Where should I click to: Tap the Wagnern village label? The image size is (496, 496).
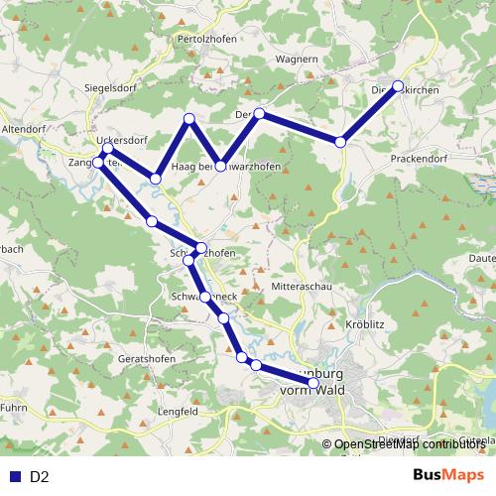click(297, 60)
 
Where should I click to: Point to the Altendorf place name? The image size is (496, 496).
click(24, 129)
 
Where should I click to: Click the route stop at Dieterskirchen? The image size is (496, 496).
click(398, 86)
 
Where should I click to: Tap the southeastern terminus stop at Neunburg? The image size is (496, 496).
click(314, 383)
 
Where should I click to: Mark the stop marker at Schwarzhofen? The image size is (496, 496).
click(201, 248)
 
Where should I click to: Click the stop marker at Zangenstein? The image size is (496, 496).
click(98, 161)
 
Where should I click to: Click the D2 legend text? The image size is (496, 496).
click(40, 477)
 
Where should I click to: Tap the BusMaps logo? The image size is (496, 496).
click(447, 476)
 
